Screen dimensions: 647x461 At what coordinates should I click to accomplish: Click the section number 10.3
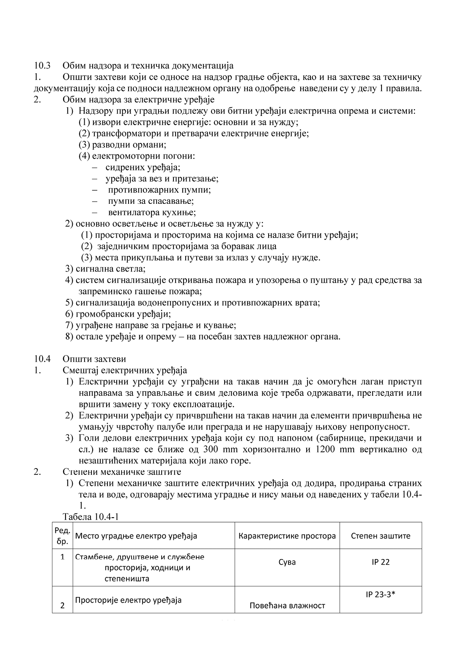42,66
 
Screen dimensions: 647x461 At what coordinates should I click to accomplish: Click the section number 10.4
42,359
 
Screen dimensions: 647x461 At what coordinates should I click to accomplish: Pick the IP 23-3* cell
381,594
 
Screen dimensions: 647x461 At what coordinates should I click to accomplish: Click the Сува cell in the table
287,562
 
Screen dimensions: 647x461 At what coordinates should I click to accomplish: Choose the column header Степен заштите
381,536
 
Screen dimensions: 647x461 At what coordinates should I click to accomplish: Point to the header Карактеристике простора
287,536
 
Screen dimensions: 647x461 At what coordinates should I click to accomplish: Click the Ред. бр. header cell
62,536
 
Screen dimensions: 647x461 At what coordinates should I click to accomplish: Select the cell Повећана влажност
287,606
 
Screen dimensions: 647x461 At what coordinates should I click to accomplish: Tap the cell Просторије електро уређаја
128,600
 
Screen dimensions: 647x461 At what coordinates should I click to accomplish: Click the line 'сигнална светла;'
110,269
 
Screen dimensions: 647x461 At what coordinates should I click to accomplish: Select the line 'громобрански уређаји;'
123,314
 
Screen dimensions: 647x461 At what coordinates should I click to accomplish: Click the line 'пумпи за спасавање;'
151,201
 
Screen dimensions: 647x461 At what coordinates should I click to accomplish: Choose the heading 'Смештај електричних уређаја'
125,370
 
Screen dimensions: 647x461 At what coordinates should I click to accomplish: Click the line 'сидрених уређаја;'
143,167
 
